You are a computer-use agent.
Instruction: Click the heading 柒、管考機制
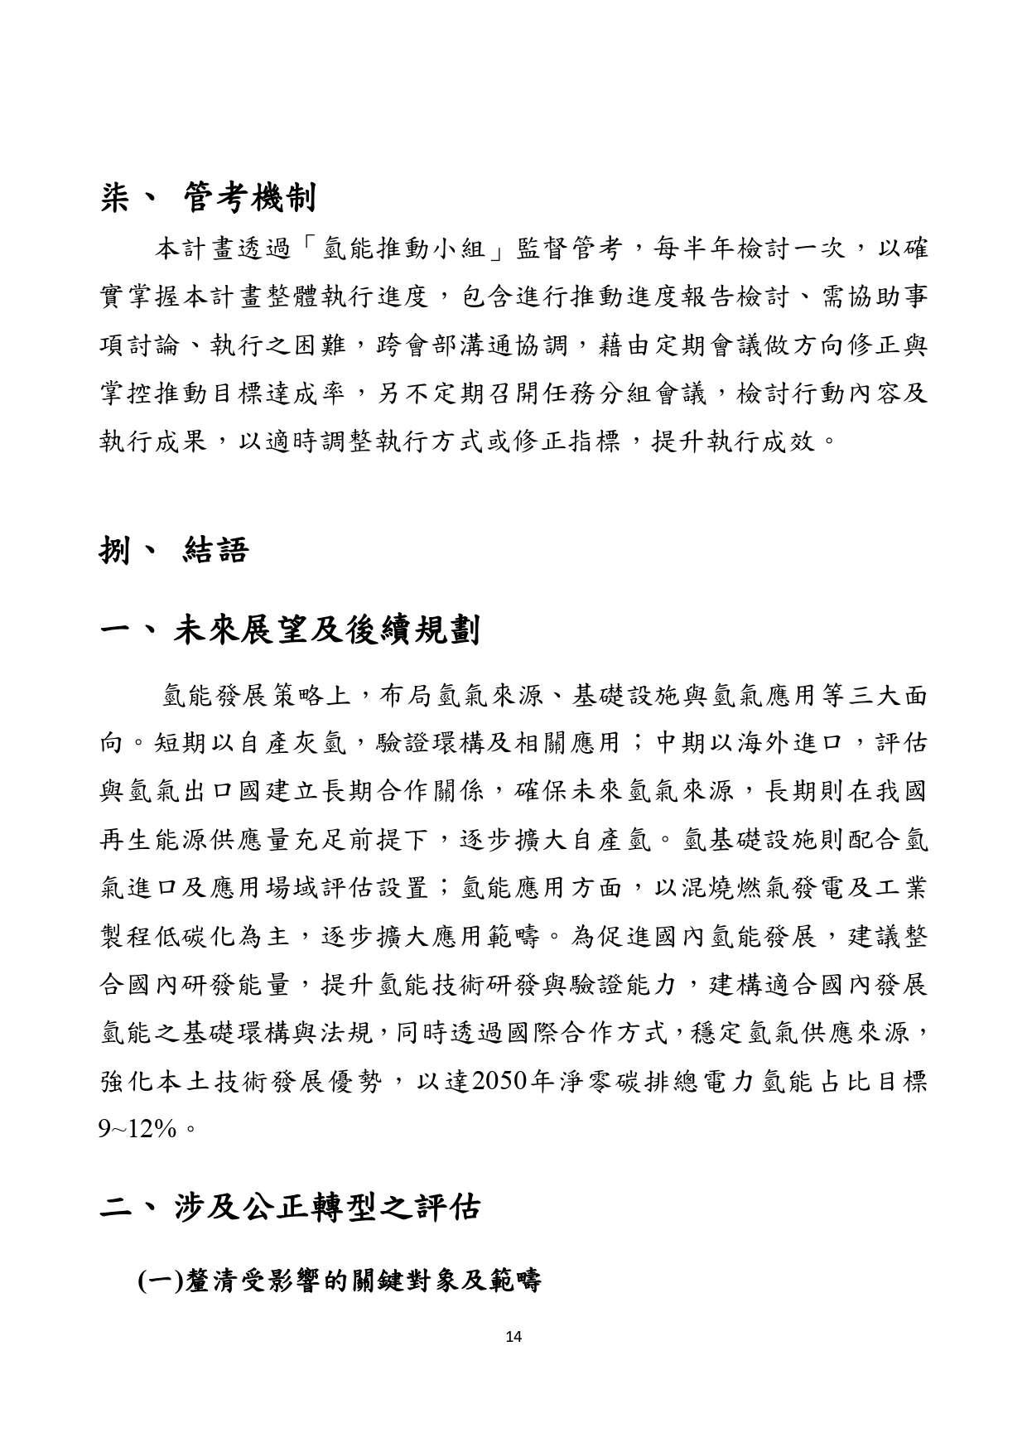pos(206,199)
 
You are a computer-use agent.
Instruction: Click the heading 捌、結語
pos(173,549)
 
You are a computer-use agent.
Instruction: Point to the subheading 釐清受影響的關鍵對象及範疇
pos(339,1281)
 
